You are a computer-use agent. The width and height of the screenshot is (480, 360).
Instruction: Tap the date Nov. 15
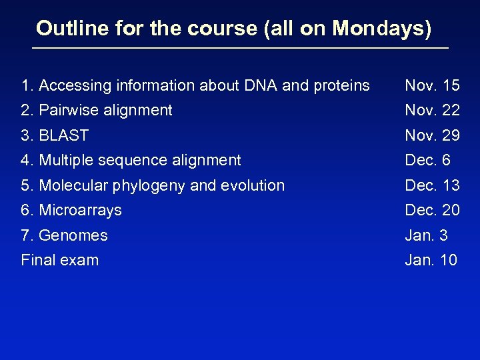[432, 85]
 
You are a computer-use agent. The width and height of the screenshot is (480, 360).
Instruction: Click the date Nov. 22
[432, 110]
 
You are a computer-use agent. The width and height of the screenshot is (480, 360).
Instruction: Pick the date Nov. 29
[432, 135]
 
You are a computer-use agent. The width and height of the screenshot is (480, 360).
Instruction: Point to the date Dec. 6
[427, 160]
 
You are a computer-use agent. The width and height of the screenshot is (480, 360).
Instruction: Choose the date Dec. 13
[432, 185]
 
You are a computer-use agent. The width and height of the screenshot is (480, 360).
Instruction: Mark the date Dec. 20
[432, 210]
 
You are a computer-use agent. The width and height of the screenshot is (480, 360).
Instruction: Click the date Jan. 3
[426, 235]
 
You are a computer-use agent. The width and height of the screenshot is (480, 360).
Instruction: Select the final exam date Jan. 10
[431, 260]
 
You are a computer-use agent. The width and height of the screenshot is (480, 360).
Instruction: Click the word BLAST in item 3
[64, 135]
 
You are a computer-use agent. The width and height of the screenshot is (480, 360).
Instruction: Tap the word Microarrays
[81, 210]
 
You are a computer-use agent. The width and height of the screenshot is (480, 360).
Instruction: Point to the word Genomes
[73, 235]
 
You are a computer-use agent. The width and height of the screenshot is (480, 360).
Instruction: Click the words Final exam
[60, 260]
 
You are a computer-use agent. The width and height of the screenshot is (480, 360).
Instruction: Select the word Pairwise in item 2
[66, 110]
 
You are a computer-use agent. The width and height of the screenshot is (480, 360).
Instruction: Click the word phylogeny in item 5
[155, 186]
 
